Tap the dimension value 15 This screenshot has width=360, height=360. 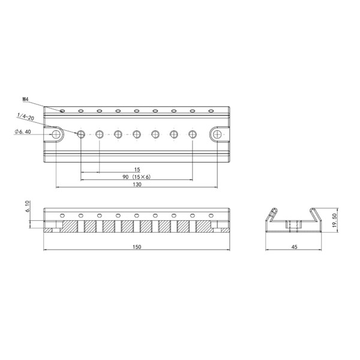(137, 170)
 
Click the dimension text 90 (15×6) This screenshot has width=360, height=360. (136, 178)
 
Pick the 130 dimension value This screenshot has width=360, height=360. (137, 185)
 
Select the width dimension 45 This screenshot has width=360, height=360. (294, 247)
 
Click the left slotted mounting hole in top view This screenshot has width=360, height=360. (57, 134)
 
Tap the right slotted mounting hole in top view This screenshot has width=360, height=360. (216, 134)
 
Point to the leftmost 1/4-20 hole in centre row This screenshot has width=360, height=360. (81, 134)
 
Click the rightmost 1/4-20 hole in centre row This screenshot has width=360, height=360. (193, 134)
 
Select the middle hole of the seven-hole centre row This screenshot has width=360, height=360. (137, 134)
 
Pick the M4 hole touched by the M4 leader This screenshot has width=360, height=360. (61, 110)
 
